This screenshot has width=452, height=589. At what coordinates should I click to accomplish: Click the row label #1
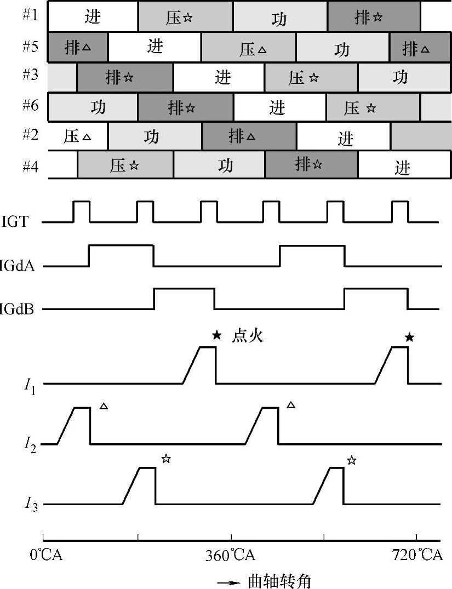coord(31,15)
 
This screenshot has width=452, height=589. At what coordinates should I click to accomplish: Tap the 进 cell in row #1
coord(93,16)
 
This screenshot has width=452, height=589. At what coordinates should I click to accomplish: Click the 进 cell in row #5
coord(155,47)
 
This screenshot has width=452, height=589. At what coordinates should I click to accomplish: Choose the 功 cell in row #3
coord(400,77)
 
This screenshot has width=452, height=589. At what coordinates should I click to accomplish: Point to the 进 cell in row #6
coord(277,107)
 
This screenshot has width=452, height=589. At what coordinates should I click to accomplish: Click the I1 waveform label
coord(30,385)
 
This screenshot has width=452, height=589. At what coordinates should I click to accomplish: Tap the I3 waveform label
coord(30,505)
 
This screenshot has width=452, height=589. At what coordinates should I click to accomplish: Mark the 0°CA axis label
coord(47,556)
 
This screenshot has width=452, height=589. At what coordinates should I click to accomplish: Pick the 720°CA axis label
coord(417,556)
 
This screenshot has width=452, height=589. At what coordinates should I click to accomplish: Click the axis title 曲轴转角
coord(279,580)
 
